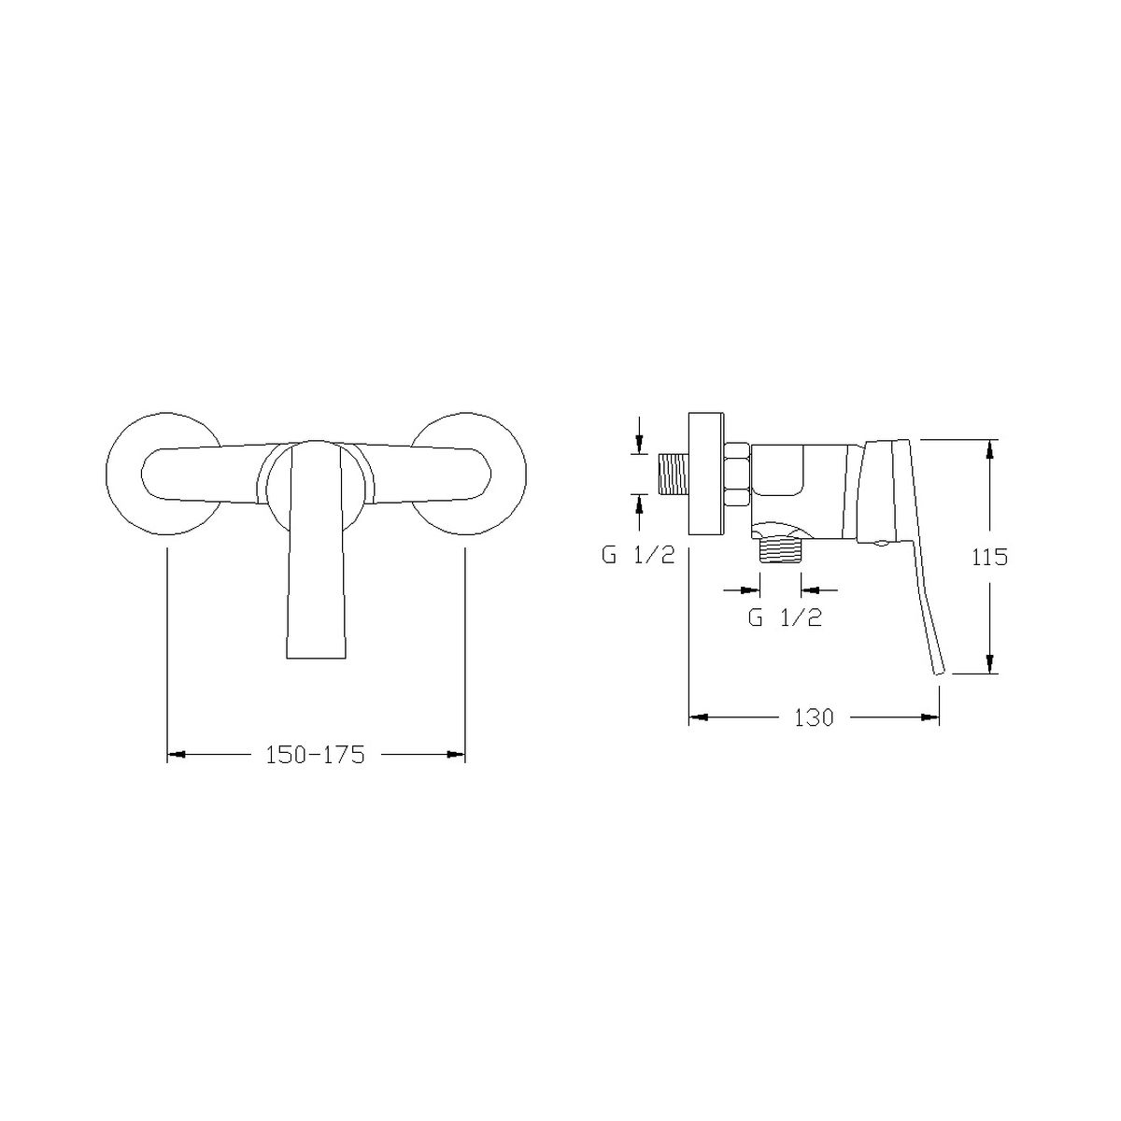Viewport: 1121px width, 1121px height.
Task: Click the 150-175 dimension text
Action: pos(315,755)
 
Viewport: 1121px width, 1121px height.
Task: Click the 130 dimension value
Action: pos(814,717)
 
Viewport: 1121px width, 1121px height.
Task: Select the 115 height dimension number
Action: pos(989,558)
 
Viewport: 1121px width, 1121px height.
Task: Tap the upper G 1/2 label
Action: pos(638,556)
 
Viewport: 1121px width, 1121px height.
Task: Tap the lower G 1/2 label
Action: pos(785,617)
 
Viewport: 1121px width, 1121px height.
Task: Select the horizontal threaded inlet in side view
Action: pos(673,475)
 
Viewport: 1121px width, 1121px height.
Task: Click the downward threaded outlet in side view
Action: pos(781,549)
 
